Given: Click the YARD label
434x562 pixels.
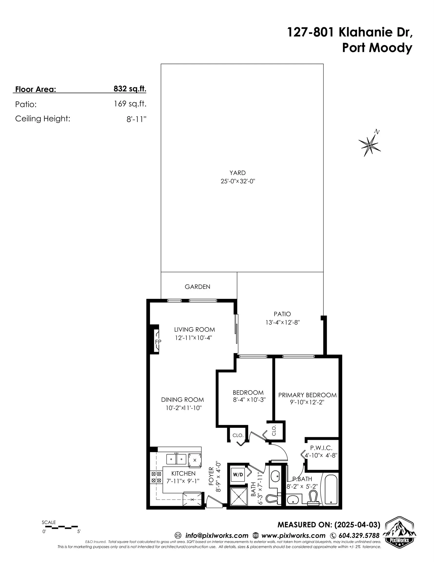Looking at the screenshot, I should pos(237,173).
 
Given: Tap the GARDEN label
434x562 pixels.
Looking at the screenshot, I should pos(197,287).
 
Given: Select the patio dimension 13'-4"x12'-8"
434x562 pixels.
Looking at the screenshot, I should pos(283,322).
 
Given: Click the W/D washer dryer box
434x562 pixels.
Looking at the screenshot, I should pos(238,475).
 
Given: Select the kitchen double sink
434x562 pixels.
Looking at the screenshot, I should pos(176,459).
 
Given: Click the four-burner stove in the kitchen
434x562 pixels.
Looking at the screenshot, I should pos(156,477).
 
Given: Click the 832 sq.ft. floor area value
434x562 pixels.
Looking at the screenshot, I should pos(130,89).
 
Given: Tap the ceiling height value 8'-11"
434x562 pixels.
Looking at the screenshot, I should pos(136,119).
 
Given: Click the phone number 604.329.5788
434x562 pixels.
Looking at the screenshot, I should pos(359,535).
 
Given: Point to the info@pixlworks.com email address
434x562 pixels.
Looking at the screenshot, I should pos(216,535).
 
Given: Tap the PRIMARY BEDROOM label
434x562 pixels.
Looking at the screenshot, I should pos(307,395).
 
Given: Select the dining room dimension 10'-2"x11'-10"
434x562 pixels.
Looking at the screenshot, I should pos(183,408).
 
